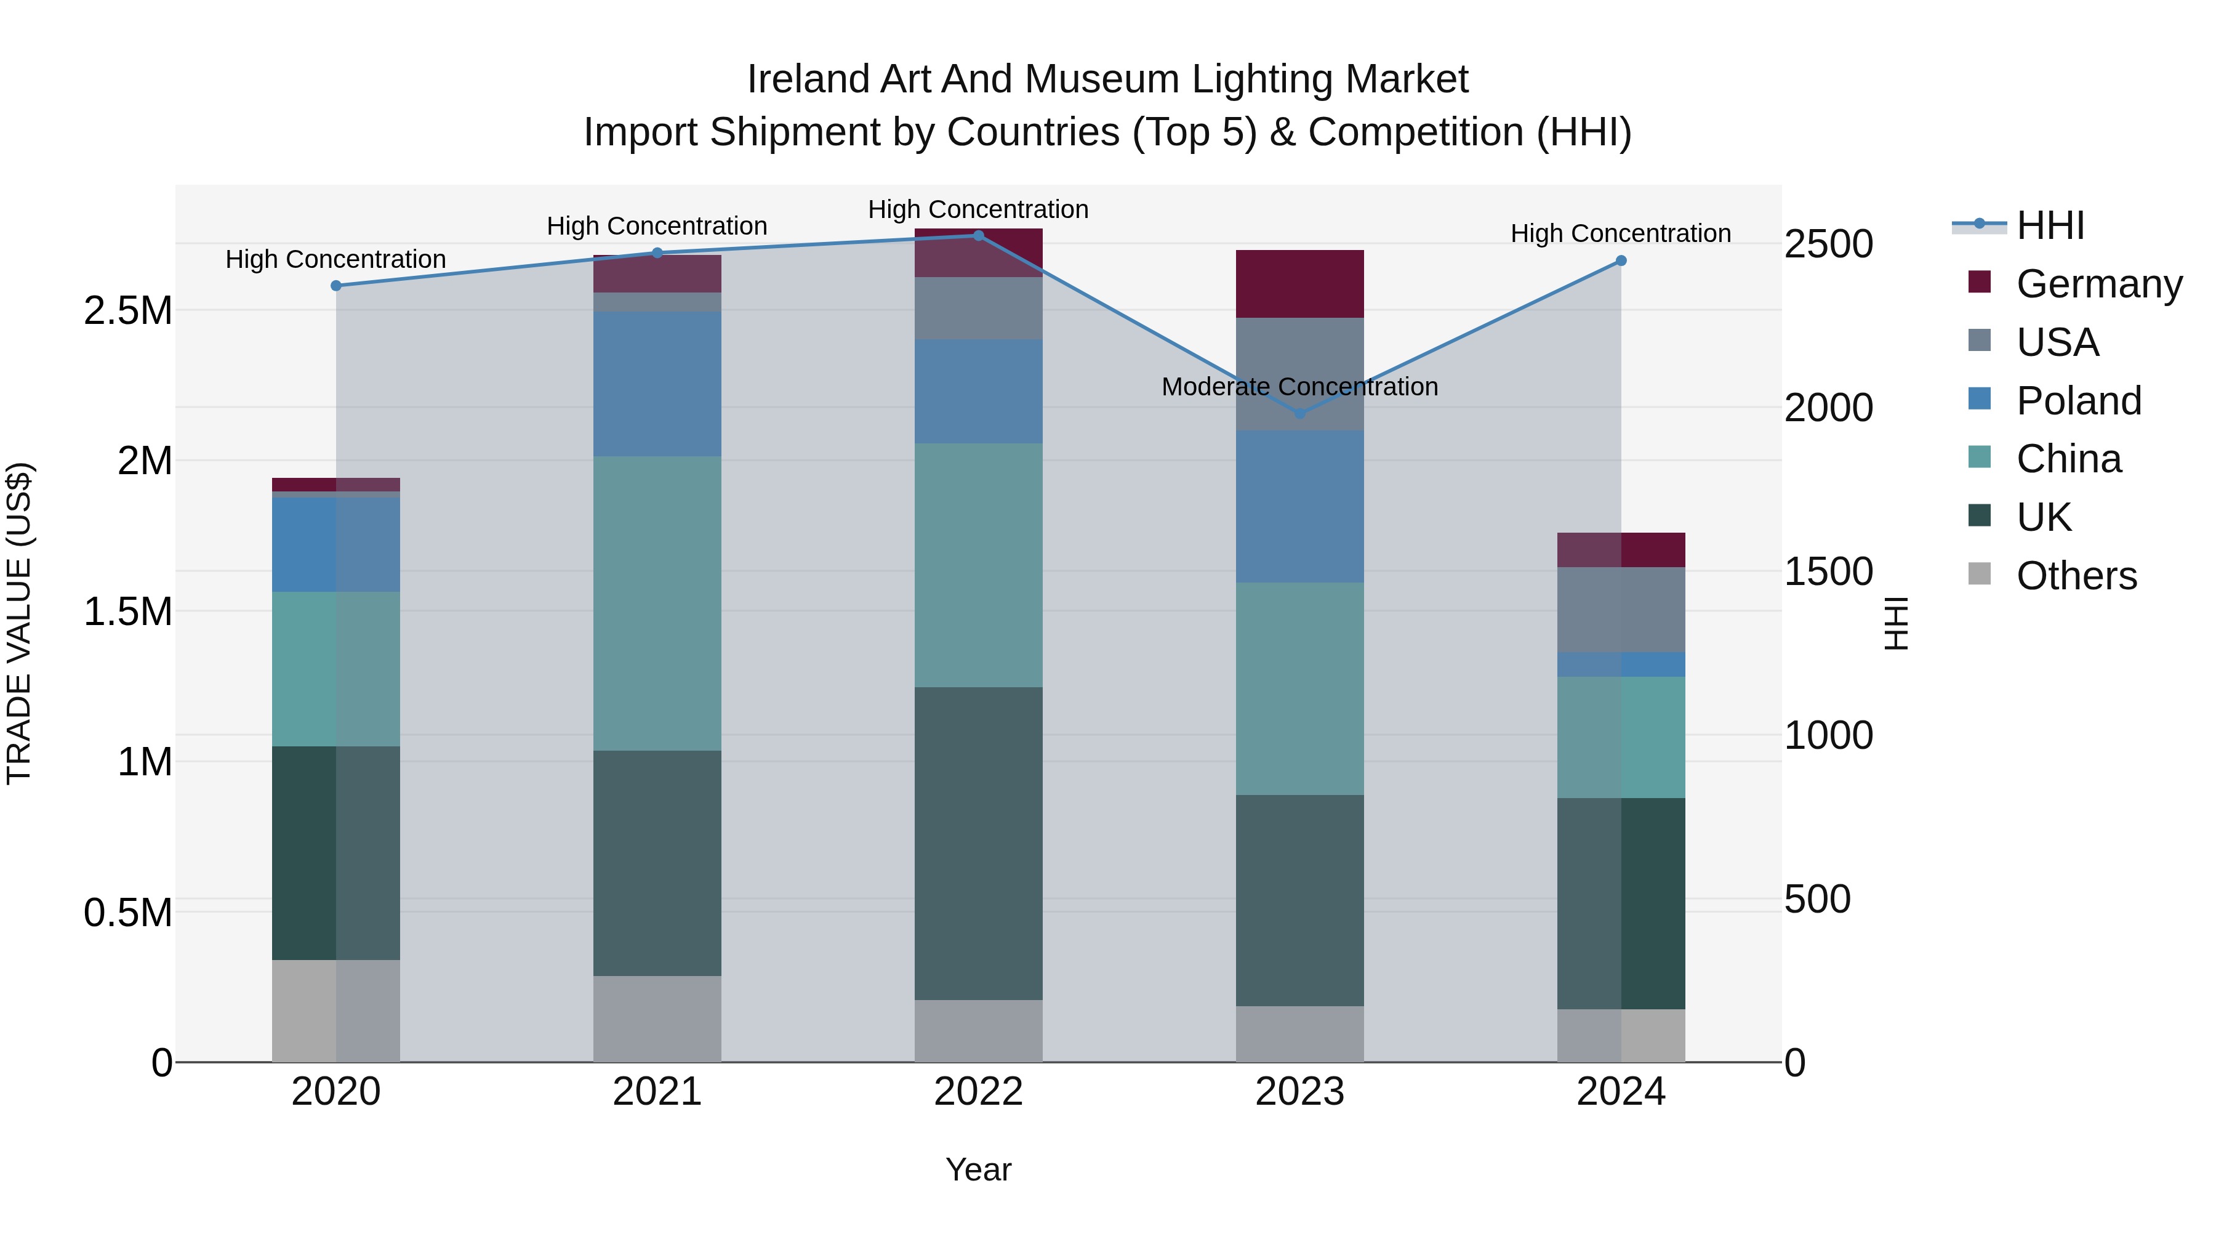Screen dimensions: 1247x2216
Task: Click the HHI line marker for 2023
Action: point(1300,414)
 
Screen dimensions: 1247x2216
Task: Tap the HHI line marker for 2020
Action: point(336,286)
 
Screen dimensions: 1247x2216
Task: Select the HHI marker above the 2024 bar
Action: point(1621,260)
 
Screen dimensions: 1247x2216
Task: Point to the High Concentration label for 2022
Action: point(978,210)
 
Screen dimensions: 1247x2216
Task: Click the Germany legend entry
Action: point(2098,284)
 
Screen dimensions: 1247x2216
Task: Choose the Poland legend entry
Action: point(2077,401)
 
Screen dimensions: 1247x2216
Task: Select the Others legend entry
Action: point(2075,576)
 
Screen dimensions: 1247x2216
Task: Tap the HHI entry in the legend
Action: point(2049,225)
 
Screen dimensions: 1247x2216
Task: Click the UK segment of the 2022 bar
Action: point(978,844)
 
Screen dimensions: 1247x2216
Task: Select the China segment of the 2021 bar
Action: point(657,603)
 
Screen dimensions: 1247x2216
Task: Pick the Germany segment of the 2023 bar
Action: point(1300,284)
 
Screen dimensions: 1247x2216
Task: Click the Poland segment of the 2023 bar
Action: point(1300,507)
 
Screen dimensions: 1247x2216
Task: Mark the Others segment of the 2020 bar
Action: point(336,1011)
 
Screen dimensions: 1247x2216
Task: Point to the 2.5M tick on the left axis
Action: point(128,311)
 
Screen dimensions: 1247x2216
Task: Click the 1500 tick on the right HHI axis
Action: point(1828,571)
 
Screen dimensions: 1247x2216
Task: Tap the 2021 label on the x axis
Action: point(657,1092)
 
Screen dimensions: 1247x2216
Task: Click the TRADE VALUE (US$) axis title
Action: point(19,623)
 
